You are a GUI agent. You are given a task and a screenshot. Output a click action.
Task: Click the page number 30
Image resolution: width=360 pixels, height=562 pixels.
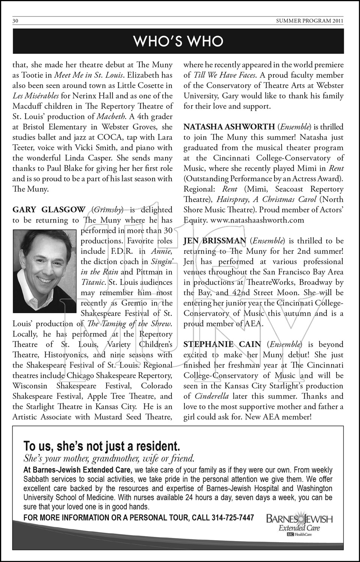click(x=15, y=21)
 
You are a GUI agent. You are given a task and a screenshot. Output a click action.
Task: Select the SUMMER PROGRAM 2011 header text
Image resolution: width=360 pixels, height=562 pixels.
click(x=309, y=21)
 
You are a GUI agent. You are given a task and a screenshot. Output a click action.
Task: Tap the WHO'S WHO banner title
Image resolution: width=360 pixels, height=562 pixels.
click(x=178, y=41)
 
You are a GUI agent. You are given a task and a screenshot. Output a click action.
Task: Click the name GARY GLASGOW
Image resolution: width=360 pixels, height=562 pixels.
click(x=49, y=210)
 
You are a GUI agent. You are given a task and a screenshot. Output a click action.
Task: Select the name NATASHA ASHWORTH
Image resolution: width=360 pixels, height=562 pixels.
click(x=229, y=127)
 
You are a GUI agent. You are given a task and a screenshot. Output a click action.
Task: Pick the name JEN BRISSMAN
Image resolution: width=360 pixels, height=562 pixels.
click(x=214, y=241)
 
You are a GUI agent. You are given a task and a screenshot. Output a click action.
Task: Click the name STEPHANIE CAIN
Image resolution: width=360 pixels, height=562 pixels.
click(x=223, y=345)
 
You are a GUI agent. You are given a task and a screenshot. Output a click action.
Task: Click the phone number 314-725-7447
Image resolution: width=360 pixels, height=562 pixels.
click(x=232, y=518)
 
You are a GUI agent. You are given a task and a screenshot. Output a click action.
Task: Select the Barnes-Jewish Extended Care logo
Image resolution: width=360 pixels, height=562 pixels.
click(x=299, y=523)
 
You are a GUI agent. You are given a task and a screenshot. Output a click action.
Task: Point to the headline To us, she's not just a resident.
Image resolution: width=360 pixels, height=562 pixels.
click(x=102, y=446)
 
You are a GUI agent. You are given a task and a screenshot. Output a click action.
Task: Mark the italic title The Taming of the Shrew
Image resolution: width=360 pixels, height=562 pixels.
click(x=129, y=324)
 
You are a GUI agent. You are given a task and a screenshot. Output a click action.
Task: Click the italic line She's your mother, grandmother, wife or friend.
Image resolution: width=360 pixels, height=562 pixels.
click(x=109, y=458)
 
